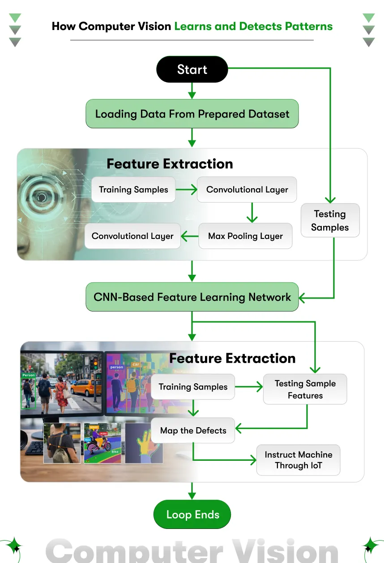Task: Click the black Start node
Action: click(192, 69)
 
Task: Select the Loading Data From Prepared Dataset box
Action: click(192, 114)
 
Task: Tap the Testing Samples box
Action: click(330, 221)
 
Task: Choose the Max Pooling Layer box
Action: click(245, 236)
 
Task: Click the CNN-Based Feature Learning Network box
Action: click(192, 297)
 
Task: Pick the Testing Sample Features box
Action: click(305, 389)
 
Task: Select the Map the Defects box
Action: click(193, 430)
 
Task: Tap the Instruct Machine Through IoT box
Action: click(298, 460)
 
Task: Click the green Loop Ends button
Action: click(192, 515)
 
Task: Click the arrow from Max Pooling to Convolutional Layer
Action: click(189, 236)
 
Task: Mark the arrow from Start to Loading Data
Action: click(192, 91)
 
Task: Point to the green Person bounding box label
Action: click(28, 375)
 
